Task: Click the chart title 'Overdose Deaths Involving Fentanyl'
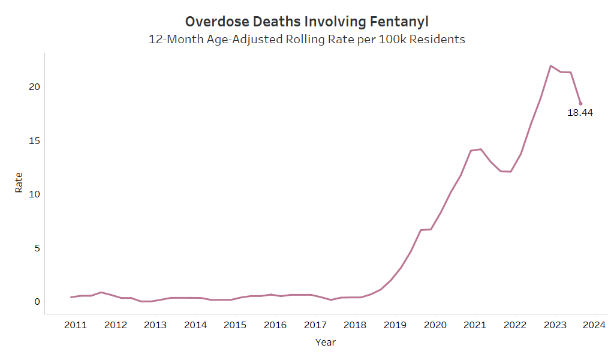pos(306,22)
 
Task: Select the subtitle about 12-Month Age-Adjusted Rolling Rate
pos(306,40)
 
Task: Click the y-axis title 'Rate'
pos(19,182)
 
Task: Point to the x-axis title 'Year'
pos(326,343)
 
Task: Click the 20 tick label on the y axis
pos(34,86)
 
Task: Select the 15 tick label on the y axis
pos(34,140)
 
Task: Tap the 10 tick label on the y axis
pos(34,194)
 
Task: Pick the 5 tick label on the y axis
pos(36,248)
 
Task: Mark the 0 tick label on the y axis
pos(37,301)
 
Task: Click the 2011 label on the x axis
pos(76,325)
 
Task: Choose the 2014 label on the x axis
pos(195,325)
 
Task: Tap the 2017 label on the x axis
pos(315,325)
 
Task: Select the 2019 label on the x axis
pos(395,325)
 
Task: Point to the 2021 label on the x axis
pos(475,325)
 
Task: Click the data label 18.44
pos(580,112)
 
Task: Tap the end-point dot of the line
pos(580,104)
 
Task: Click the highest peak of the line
pos(550,66)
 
